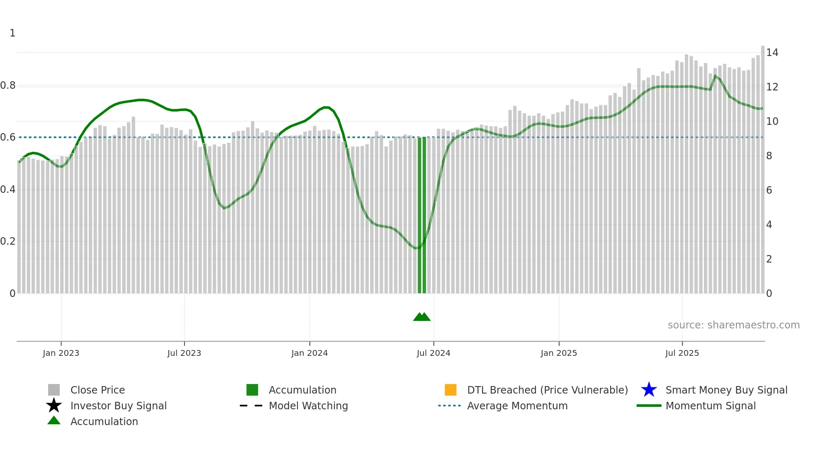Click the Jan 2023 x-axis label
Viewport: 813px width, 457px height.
tap(61, 353)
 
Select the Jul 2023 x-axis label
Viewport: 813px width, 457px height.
tap(184, 353)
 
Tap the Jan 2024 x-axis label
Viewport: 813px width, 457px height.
tap(309, 353)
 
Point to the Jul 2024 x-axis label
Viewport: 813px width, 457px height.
tap(433, 353)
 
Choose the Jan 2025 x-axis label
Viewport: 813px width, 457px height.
tap(559, 353)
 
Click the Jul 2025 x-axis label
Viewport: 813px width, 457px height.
tap(682, 353)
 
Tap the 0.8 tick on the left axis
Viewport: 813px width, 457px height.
tap(8, 85)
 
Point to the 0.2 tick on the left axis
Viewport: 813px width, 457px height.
tap(8, 241)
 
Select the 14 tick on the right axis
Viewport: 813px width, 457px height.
tap(772, 53)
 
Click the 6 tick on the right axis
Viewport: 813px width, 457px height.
tap(769, 190)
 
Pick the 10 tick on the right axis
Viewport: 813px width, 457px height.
tap(772, 122)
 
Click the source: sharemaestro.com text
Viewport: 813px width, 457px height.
tap(733, 325)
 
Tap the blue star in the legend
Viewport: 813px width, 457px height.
tap(649, 390)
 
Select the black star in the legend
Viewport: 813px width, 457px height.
tap(54, 406)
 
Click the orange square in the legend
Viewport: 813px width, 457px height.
tap(450, 390)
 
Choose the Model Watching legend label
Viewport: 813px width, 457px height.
tap(308, 406)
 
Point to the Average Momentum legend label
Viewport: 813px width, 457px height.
tap(517, 406)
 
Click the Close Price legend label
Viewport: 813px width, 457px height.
tap(97, 390)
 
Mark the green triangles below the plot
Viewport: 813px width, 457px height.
tap(422, 317)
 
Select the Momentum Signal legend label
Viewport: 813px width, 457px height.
tap(711, 406)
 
